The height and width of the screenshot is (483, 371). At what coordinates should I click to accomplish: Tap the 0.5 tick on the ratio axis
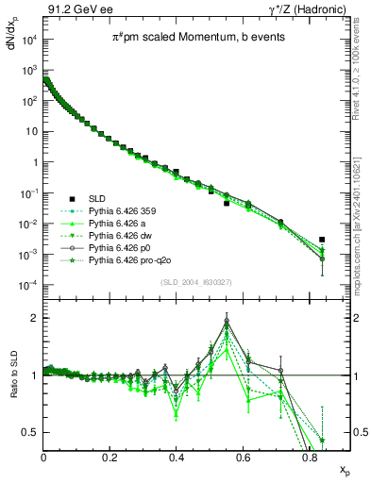[x=31, y=432]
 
